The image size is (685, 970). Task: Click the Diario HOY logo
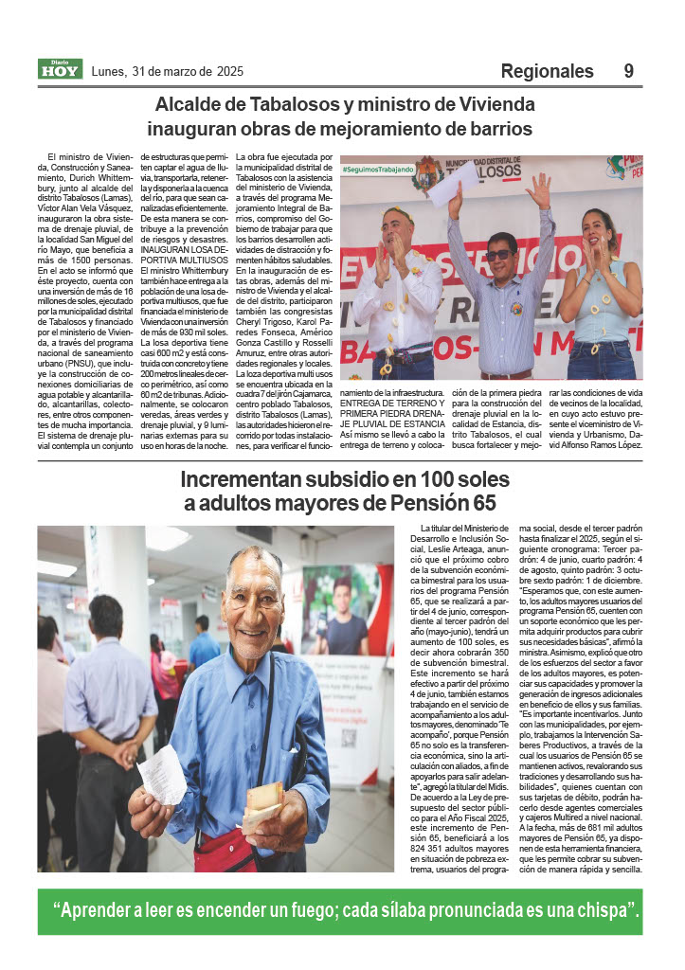click(60, 69)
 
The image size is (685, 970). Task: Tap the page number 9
click(629, 71)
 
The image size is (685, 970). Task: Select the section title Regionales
click(547, 71)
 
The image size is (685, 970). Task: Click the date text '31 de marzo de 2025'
click(188, 71)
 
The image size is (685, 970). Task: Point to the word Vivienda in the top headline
click(471, 104)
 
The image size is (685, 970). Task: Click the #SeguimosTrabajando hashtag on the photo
click(378, 170)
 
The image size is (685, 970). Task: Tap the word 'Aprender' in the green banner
click(104, 911)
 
